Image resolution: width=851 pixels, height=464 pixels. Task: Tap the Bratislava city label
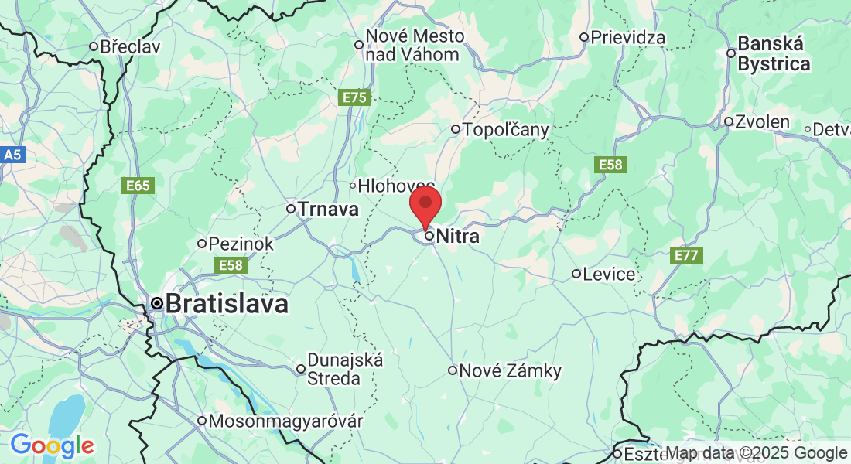tap(227, 303)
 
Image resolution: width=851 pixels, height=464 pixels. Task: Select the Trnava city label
tap(328, 209)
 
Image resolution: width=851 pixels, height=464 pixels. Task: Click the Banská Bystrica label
tap(774, 54)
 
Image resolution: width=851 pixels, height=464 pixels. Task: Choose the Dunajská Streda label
tap(334, 369)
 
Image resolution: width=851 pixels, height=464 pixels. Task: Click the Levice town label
tap(609, 274)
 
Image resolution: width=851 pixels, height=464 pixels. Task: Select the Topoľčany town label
tap(505, 129)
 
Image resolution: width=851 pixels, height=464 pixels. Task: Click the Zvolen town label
tap(762, 121)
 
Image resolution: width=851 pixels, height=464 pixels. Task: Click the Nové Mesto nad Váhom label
tap(415, 45)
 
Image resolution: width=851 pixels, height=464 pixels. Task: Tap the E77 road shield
tap(686, 254)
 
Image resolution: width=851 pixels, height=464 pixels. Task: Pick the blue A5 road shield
tap(12, 155)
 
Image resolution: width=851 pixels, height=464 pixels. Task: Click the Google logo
tap(52, 445)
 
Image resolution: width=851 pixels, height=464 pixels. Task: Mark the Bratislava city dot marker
tap(157, 303)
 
